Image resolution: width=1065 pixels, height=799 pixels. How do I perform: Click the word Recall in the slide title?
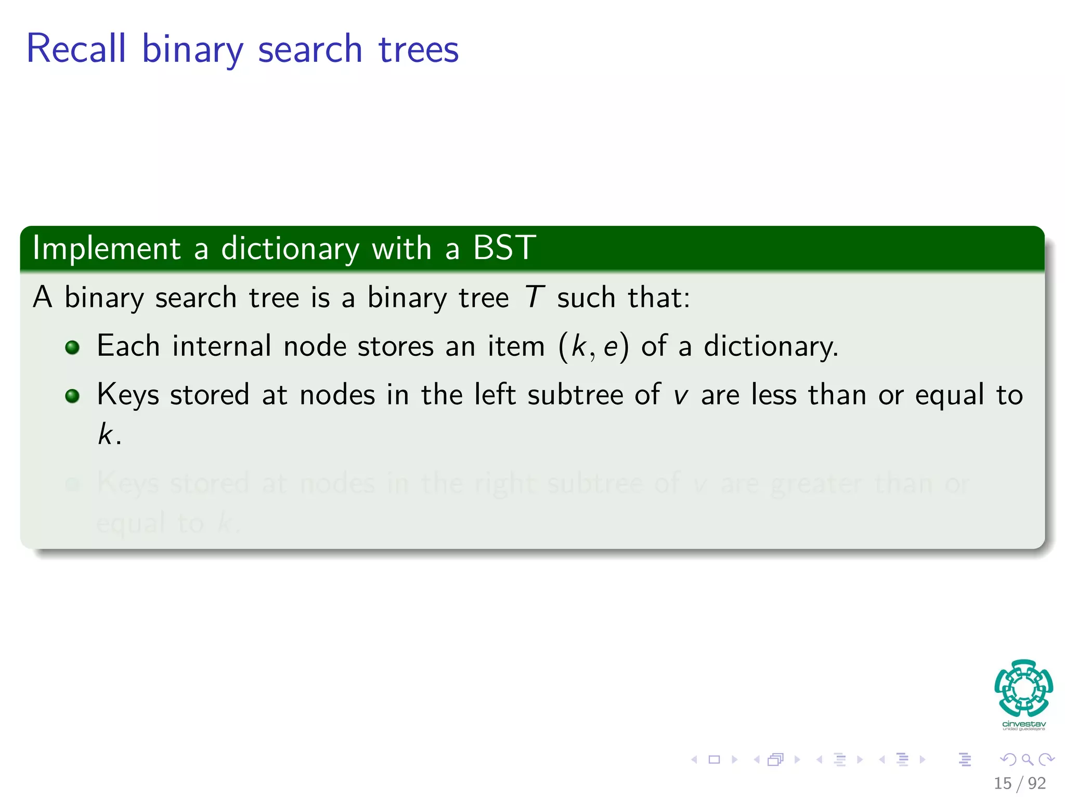pyautogui.click(x=76, y=49)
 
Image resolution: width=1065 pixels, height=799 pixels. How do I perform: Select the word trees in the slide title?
pyautogui.click(x=419, y=50)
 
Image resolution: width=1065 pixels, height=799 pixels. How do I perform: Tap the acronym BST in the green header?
pyautogui.click(x=504, y=248)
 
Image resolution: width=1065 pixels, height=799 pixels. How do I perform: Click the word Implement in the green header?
pyautogui.click(x=107, y=249)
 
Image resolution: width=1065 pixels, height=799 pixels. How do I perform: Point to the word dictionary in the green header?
pyautogui.click(x=290, y=249)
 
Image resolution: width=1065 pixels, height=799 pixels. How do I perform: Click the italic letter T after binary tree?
pyautogui.click(x=534, y=298)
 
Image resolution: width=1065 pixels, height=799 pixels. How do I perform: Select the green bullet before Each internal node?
pyautogui.click(x=72, y=347)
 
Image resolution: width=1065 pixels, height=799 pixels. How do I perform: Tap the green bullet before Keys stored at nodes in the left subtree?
pyautogui.click(x=72, y=396)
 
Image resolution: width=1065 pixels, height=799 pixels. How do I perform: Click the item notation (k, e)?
pyautogui.click(x=593, y=346)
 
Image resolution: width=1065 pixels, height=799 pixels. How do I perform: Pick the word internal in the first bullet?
pyautogui.click(x=222, y=346)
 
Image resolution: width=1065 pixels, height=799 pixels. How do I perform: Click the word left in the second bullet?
pyautogui.click(x=495, y=394)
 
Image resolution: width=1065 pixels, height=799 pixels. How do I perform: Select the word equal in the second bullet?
pyautogui.click(x=950, y=395)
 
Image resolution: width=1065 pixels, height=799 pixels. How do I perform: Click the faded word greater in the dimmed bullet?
pyautogui.click(x=816, y=484)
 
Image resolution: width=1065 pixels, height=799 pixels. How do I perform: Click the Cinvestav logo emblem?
pyautogui.click(x=1023, y=688)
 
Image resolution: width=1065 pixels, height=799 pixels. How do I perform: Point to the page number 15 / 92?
pyautogui.click(x=1019, y=783)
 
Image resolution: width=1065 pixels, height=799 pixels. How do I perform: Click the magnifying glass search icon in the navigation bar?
pyautogui.click(x=1027, y=759)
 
